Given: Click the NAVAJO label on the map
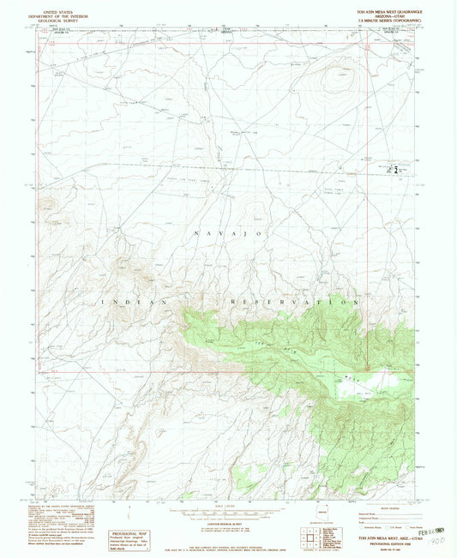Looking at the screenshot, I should [232, 234].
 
